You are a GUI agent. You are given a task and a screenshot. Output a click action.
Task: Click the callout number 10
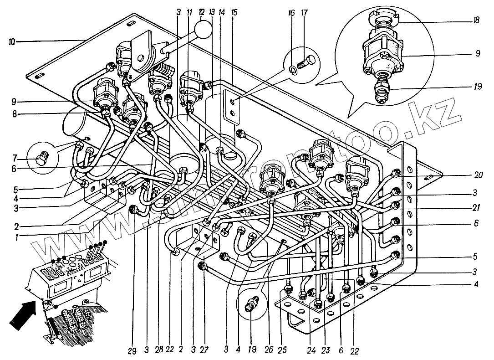pos(12,42)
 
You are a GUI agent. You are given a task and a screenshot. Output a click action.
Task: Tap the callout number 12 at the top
pos(202,13)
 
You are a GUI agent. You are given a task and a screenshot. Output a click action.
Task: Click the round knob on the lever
pos(204,31)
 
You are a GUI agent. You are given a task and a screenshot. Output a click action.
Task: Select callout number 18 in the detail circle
pos(476,20)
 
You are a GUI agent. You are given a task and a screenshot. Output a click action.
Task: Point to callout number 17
pos(304,13)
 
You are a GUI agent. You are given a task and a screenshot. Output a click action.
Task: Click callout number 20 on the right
pos(479,175)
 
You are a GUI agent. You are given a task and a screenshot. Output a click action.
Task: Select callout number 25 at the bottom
pos(282,349)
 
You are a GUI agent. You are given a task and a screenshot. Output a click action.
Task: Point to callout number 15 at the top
pos(234,13)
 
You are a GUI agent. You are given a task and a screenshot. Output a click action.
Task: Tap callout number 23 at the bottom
pos(326,350)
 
